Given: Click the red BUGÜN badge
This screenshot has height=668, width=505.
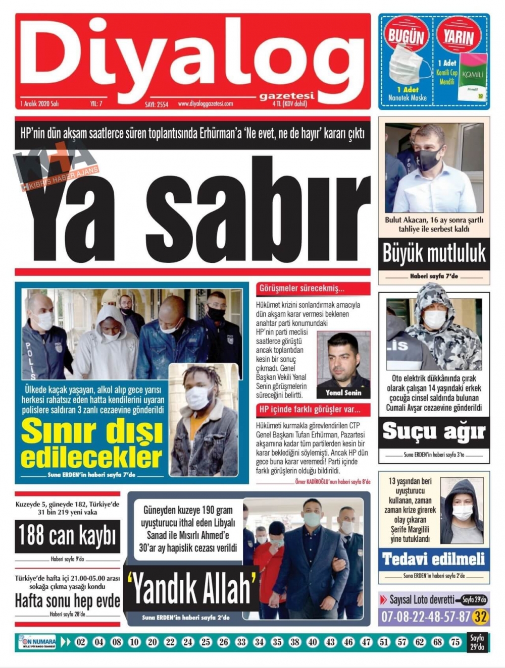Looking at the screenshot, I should pos(406,35).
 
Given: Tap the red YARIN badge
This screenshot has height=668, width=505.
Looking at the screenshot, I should pos(459,36).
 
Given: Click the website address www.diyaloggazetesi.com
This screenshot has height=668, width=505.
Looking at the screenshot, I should pos(206,104).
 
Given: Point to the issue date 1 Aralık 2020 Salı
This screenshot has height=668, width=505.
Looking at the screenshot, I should pos(40,103).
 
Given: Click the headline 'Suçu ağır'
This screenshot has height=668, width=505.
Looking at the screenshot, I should pos(434,431).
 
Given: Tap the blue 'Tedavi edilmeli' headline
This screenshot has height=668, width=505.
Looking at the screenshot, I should pos(434,559).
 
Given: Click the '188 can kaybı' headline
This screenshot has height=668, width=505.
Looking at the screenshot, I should pos(68,536).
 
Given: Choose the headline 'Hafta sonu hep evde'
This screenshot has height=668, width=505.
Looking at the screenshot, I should pos(68,600).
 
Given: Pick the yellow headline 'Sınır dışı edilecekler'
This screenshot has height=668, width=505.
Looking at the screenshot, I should pos(92,444).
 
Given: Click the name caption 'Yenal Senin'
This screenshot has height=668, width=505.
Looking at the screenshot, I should pos(343,393).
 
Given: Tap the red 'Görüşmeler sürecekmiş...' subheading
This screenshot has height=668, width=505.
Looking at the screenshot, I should pos(302,289).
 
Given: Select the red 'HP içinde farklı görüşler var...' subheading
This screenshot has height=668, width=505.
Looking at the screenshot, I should pos(310,409).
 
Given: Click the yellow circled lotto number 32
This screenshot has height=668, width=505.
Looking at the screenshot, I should pos(480,616).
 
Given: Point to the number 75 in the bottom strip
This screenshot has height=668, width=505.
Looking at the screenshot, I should pos(455,642).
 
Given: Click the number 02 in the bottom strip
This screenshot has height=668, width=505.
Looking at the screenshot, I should pos(81,642).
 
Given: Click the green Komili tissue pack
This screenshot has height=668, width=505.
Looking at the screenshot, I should pos(473,78).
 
